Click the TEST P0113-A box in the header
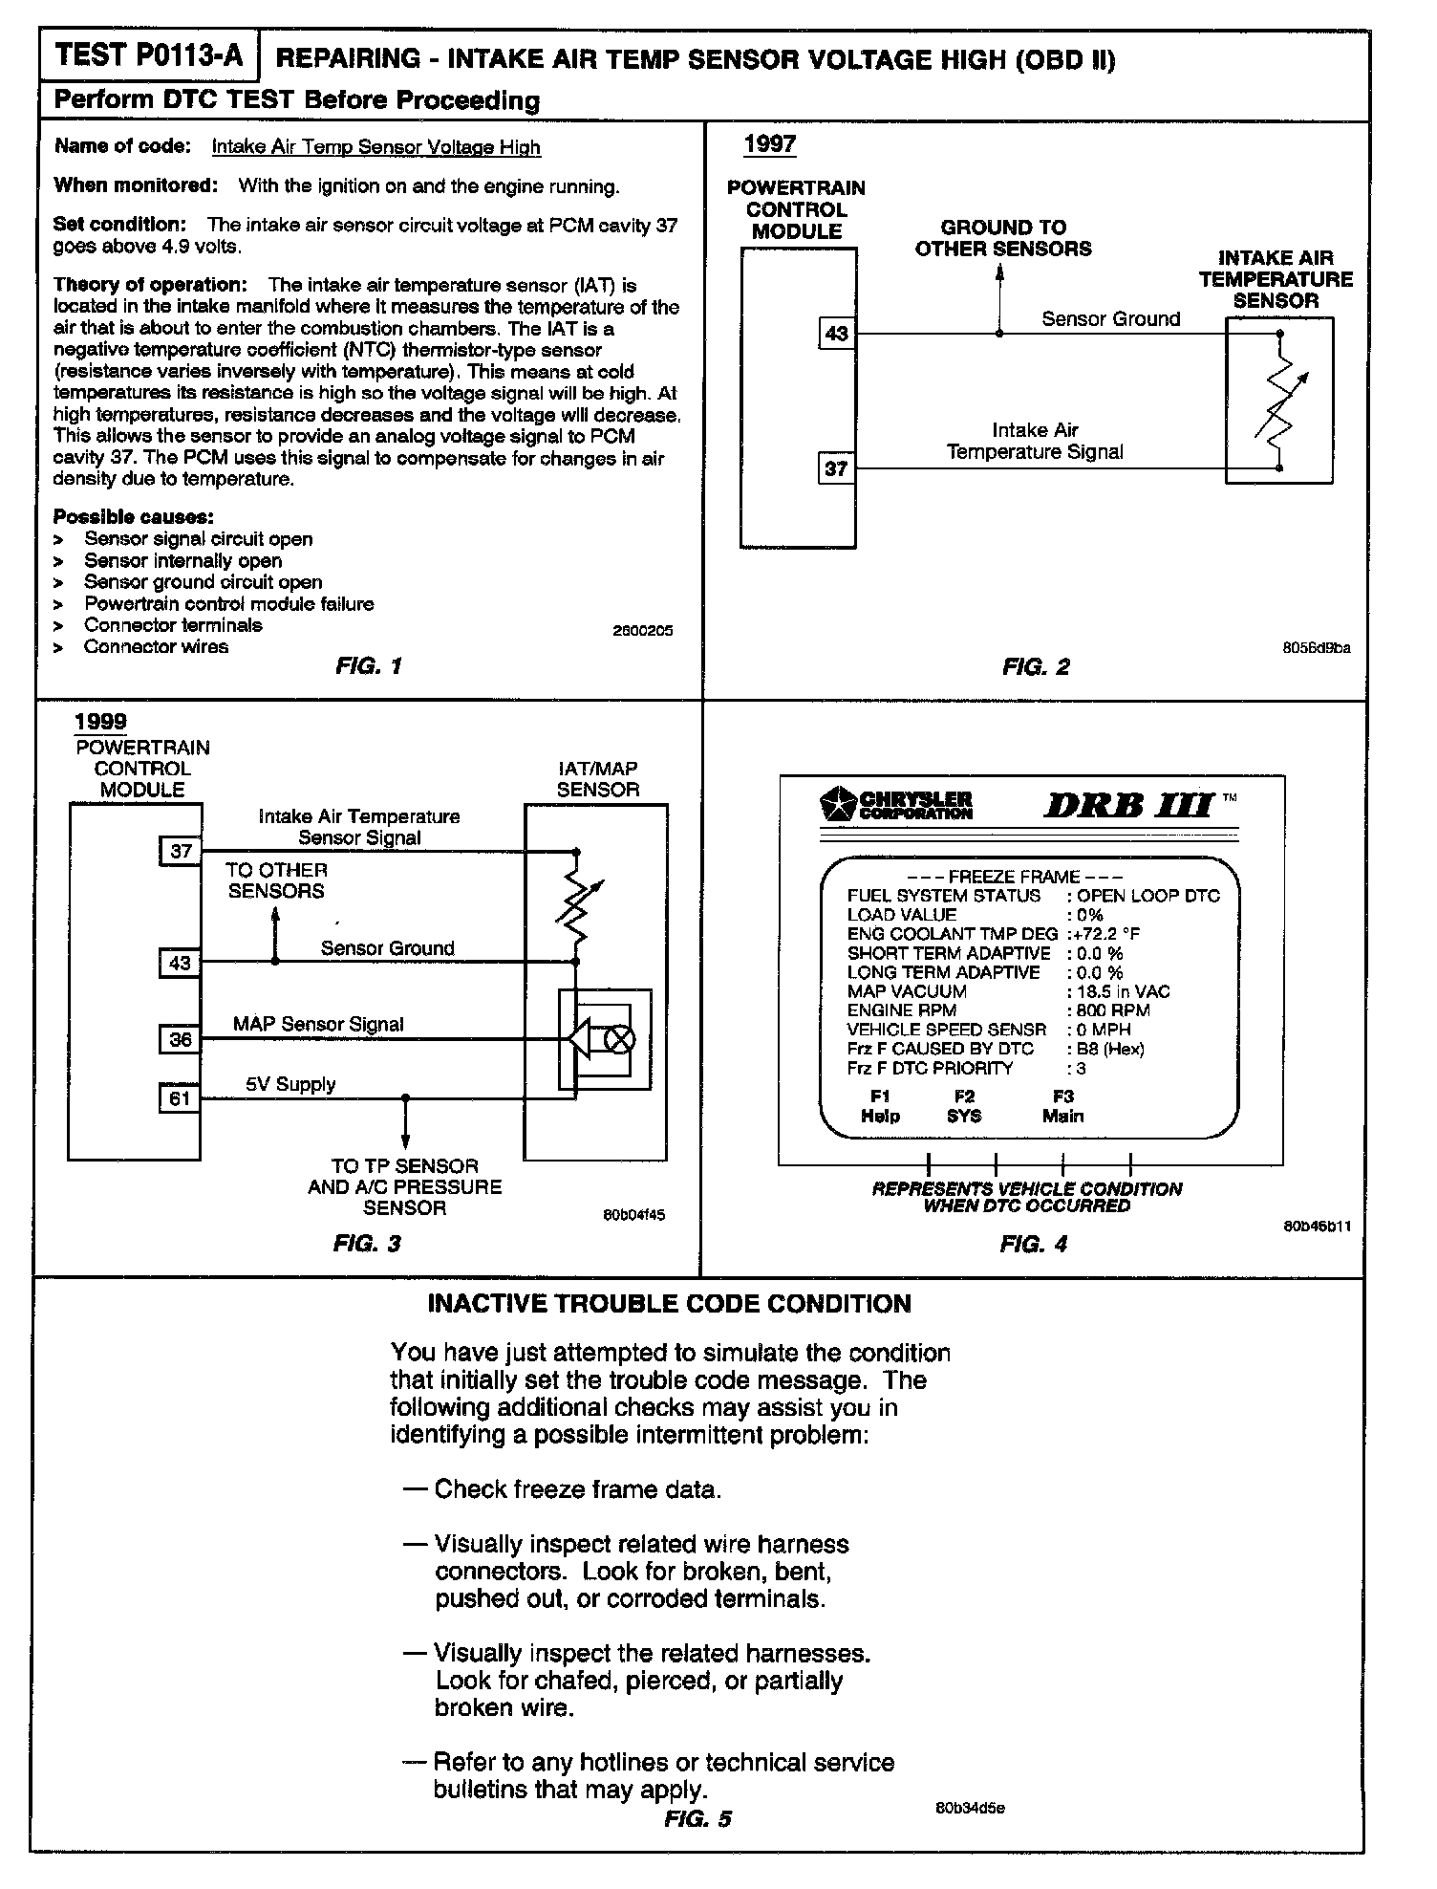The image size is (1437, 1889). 148,56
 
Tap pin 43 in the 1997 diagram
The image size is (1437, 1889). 836,334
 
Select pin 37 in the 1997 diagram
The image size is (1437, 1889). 836,468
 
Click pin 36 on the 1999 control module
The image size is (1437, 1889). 181,1039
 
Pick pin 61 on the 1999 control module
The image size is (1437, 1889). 181,1098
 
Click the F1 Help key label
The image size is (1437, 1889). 880,1106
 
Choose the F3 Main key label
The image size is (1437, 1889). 1062,1106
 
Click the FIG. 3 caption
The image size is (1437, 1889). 367,1243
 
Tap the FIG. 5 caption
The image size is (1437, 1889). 697,1818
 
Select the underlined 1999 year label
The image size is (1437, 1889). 101,722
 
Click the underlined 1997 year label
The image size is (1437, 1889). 769,144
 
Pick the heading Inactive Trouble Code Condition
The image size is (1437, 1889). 669,1304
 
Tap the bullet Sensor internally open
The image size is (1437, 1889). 182,561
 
